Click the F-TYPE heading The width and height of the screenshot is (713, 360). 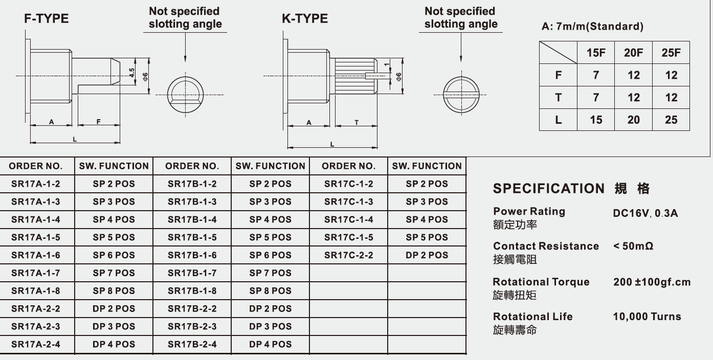46,18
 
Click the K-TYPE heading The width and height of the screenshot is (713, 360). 305,18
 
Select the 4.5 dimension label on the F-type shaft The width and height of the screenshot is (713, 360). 132,73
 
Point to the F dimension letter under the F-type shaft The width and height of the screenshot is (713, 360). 98,122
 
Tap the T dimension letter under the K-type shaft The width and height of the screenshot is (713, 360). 356,123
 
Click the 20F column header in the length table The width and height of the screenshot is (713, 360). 633,53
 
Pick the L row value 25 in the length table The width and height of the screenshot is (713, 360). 671,120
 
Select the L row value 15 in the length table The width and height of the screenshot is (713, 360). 596,120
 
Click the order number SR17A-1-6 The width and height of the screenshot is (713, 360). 36,255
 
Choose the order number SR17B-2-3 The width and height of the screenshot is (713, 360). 192,326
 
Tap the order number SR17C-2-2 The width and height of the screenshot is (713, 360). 348,255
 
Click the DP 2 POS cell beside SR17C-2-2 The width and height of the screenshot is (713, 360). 427,255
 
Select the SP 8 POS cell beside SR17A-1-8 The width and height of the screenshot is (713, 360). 114,290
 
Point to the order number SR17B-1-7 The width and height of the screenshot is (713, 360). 192,273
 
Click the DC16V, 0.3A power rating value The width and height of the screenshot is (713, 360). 645,213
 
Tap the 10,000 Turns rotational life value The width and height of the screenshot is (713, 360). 647,317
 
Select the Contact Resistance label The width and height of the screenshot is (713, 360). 546,246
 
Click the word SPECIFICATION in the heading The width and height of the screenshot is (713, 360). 549,188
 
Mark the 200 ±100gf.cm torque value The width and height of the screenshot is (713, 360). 652,282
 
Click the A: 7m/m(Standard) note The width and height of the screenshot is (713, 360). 592,26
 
